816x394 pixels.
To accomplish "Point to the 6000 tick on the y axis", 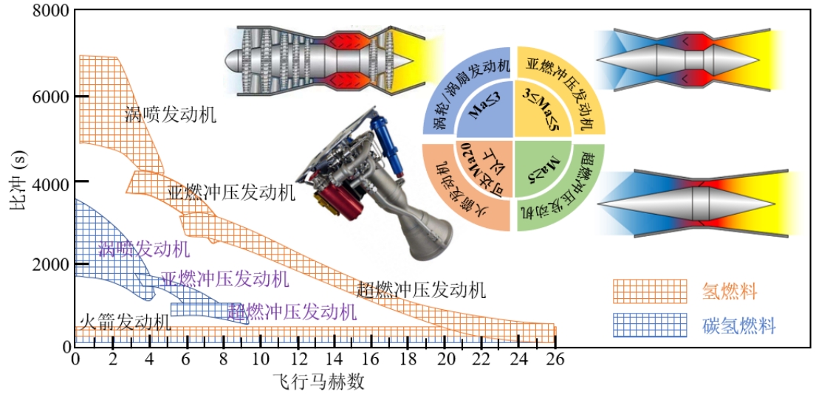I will [50, 97].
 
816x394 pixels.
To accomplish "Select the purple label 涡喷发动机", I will [143, 249].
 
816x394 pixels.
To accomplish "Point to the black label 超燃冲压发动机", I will [421, 290].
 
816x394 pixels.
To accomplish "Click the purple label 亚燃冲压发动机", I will [224, 279].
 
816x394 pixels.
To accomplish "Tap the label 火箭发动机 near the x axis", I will [125, 322].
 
